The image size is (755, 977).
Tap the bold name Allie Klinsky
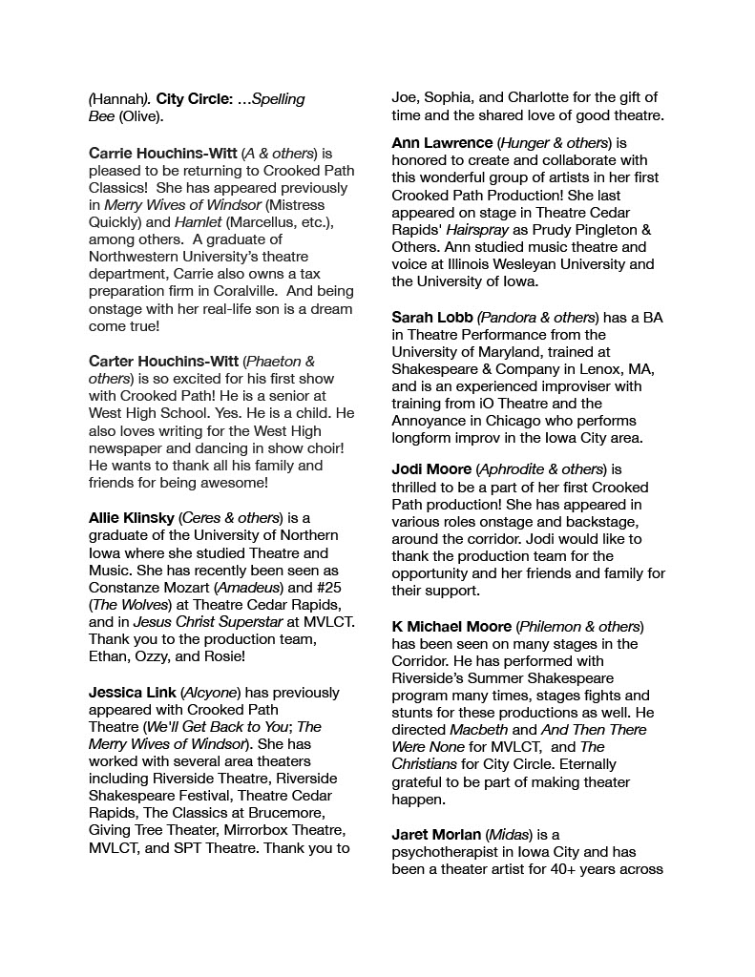coord(131,518)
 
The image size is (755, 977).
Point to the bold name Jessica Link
coord(132,693)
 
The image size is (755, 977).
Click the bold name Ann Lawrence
coord(442,143)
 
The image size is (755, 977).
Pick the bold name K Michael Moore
coord(451,627)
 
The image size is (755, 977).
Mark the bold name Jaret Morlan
coord(436,835)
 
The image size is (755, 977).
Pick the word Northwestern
coord(134,257)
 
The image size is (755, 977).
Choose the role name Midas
coord(527,835)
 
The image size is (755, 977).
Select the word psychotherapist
coord(451,852)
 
